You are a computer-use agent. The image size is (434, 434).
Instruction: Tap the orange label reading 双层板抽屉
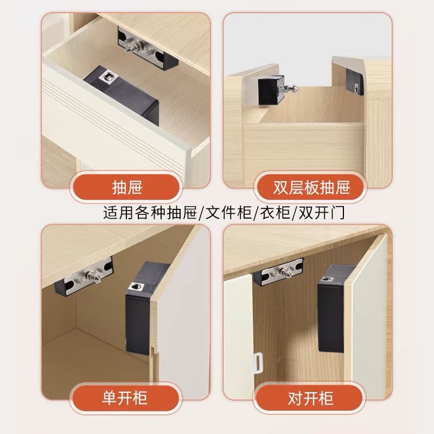coord(311,188)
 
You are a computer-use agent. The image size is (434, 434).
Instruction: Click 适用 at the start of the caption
coord(115,212)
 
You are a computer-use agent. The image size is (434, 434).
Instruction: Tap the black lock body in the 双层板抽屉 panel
coord(269,87)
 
